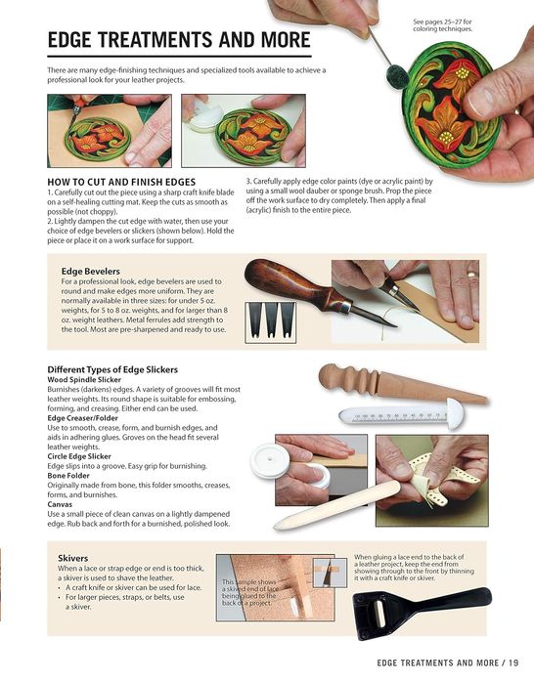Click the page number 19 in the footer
pos(513,662)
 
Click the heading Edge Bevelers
pos(90,271)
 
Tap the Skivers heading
pos(72,558)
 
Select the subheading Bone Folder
pos(68,475)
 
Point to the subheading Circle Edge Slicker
pos(79,456)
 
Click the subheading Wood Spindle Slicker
pos(84,379)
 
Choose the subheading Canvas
pos(60,504)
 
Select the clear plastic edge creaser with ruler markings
pos(401,414)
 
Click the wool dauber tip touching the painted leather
pos(397,75)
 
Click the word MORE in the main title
pos(286,40)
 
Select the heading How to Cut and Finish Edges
pos(121,182)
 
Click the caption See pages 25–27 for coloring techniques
pos(442,25)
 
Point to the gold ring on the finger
pos(471,275)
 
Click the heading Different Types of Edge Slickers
pos(112,369)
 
